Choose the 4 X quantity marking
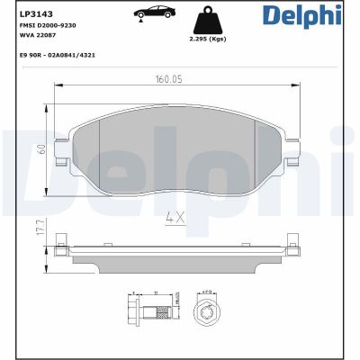click(175, 216)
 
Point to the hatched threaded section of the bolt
click(163, 313)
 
